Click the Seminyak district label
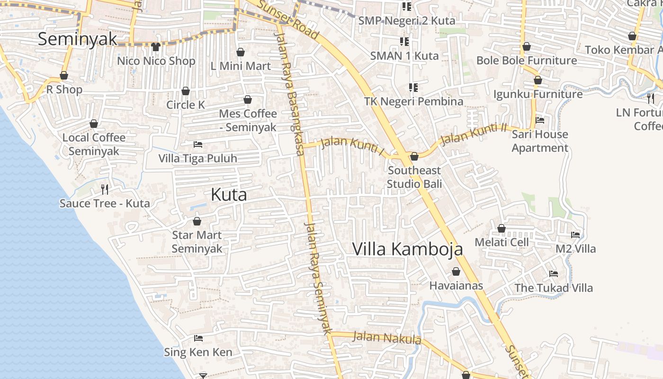[x=77, y=39]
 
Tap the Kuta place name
[x=229, y=195]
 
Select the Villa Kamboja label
[x=407, y=249]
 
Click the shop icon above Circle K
[x=186, y=91]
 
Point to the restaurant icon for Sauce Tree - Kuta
[x=105, y=189]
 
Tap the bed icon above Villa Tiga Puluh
[x=198, y=144]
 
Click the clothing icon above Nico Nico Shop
[x=156, y=46]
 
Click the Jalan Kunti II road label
[x=474, y=134]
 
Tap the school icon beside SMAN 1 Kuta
[x=404, y=42]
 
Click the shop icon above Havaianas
[x=456, y=272]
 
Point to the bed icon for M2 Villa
[x=575, y=235]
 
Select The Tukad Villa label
[x=553, y=288]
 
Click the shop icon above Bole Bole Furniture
[x=526, y=47]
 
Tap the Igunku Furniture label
[x=538, y=94]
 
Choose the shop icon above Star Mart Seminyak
[x=197, y=221]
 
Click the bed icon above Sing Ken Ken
[x=198, y=338]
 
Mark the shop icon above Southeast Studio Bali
[x=414, y=156]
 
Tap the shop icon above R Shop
[x=64, y=76]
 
